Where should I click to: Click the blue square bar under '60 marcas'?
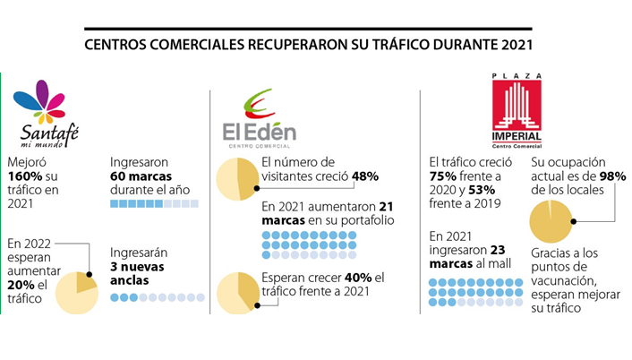click(x=154, y=205)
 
